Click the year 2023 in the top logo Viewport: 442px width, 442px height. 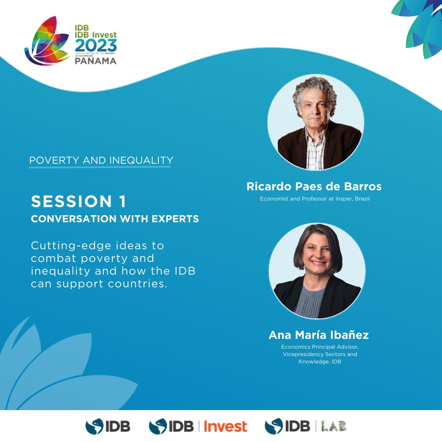[x=96, y=45]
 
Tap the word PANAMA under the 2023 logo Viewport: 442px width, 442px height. [x=96, y=61]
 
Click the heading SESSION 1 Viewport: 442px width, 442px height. [x=79, y=201]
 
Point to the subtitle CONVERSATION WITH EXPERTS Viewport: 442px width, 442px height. [x=115, y=219]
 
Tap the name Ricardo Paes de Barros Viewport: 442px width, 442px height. [x=314, y=187]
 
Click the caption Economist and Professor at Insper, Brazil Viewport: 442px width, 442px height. [x=315, y=199]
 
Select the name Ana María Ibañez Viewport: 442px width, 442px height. [x=318, y=335]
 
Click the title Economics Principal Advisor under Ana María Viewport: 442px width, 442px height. [x=320, y=347]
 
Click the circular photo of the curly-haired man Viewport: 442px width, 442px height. [x=316, y=122]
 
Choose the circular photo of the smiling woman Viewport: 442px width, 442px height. [x=317, y=271]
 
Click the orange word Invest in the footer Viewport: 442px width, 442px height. [x=226, y=426]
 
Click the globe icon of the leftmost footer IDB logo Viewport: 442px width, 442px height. [x=95, y=426]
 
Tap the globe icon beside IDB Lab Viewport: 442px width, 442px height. [x=274, y=426]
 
